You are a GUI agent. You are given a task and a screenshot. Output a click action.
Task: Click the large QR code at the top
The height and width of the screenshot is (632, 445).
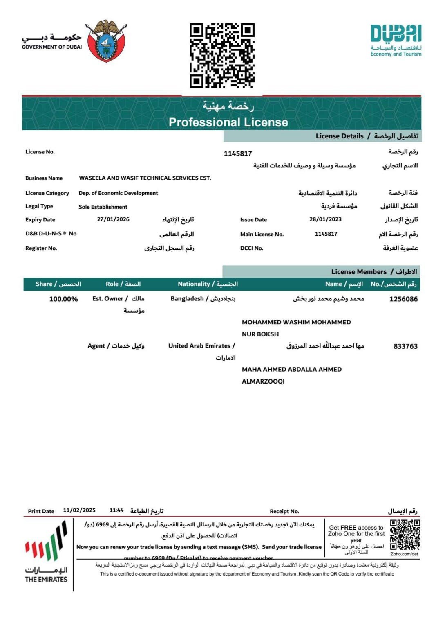pyautogui.click(x=222, y=56)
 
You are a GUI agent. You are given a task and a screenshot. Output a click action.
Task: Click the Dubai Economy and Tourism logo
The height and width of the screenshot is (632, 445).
pyautogui.click(x=396, y=40)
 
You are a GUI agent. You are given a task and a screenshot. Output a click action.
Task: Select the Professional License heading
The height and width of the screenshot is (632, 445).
pyautogui.click(x=228, y=122)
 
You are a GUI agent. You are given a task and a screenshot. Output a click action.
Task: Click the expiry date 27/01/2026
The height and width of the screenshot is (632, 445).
pyautogui.click(x=113, y=219)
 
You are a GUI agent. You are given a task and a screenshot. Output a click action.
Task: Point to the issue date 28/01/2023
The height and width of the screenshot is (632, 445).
pyautogui.click(x=325, y=219)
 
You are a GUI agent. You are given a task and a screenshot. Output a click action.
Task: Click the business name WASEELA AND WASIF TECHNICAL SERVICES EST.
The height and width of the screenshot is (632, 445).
pyautogui.click(x=145, y=178)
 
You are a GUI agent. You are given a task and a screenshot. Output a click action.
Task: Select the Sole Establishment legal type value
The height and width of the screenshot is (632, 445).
pyautogui.click(x=103, y=207)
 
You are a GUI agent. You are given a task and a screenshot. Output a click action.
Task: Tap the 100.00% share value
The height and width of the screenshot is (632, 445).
pyautogui.click(x=63, y=299)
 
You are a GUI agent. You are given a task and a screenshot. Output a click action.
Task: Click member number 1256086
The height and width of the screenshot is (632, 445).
pyautogui.click(x=403, y=299)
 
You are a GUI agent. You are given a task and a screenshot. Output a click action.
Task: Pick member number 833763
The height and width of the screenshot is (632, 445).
pyautogui.click(x=405, y=346)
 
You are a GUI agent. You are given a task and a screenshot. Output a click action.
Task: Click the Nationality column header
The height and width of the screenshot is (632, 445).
pyautogui.click(x=208, y=284)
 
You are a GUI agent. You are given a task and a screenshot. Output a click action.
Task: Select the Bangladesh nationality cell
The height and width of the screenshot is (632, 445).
pyautogui.click(x=203, y=299)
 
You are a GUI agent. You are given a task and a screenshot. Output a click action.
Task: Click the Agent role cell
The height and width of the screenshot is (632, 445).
pyautogui.click(x=116, y=346)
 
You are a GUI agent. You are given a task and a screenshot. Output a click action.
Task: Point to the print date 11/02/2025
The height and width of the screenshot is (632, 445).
pyautogui.click(x=79, y=510)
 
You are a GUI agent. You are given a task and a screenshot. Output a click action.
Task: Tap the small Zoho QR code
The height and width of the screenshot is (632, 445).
pyautogui.click(x=405, y=535)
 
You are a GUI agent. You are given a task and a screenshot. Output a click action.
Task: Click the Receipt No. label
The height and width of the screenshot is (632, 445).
pyautogui.click(x=284, y=511)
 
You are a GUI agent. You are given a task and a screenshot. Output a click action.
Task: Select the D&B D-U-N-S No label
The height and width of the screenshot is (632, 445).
pyautogui.click(x=51, y=234)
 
